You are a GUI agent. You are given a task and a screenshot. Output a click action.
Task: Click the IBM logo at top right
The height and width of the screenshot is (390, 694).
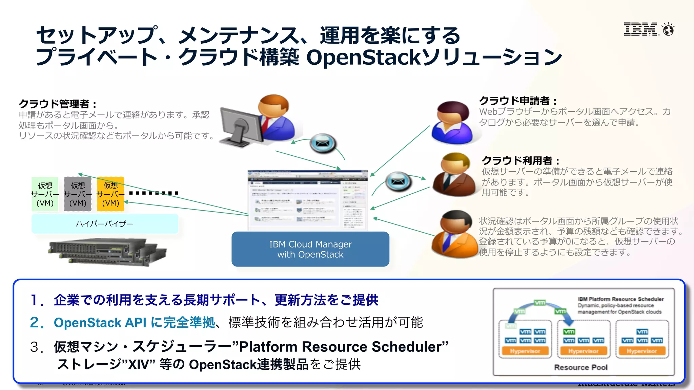(641, 29)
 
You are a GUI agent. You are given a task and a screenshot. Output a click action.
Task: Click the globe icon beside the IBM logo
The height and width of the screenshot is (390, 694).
(669, 30)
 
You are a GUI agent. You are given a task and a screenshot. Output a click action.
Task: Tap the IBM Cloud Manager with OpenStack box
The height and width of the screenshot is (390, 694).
(310, 249)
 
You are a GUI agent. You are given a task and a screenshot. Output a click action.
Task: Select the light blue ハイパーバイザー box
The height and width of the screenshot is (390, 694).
(105, 224)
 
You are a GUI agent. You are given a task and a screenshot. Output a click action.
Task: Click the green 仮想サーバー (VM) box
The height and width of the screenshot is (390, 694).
(45, 194)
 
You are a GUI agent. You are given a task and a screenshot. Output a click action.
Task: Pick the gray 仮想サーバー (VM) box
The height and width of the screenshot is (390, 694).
(78, 194)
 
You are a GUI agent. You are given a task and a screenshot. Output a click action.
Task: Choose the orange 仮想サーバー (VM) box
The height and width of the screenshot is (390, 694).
(110, 194)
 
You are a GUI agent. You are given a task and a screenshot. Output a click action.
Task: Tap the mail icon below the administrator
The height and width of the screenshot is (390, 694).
(323, 144)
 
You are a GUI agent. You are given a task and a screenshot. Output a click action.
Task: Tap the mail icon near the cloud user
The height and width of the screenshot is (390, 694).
(399, 181)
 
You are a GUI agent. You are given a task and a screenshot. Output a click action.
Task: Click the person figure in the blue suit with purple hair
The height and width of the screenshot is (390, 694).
(452, 123)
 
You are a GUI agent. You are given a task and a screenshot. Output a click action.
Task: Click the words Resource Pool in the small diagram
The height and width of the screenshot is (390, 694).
(580, 367)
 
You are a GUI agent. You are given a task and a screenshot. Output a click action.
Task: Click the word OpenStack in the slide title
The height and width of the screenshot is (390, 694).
(363, 57)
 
